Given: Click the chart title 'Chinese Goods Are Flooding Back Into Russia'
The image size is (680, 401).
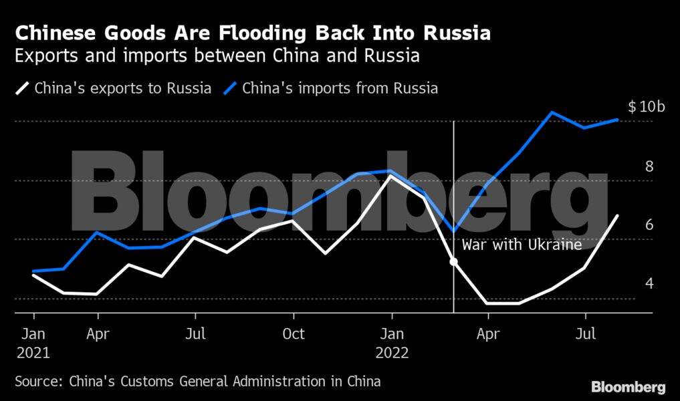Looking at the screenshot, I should pos(253,33).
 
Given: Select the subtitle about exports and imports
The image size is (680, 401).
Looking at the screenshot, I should pos(217,55).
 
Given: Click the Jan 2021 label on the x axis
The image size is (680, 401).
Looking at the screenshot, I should pos(33,342).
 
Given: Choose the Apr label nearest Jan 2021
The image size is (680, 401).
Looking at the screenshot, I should pos(98,333).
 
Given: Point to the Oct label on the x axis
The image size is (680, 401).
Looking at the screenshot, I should pos(294,333).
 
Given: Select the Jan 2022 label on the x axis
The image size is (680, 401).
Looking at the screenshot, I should pos(392,342).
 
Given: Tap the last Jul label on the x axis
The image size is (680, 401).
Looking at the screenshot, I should pos(586,333).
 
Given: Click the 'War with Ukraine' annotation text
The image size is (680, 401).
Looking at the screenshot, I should pos(522,245).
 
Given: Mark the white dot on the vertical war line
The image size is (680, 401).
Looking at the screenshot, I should pos(454,261).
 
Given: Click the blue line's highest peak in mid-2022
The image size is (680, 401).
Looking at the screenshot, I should pos(552,112).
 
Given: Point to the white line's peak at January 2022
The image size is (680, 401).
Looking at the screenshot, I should pos(391,176).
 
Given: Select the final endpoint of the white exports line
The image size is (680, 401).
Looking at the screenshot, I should pos(617,215).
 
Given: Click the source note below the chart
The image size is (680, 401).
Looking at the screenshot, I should pos(198,382).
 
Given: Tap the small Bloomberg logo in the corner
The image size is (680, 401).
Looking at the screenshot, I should pos(628,386).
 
